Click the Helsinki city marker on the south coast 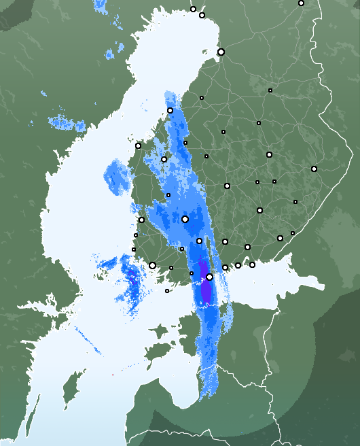tap(210, 277)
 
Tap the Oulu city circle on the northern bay tap(221, 52)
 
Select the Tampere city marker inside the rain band tap(185, 219)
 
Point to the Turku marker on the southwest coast tap(152, 265)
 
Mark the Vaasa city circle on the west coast tap(139, 145)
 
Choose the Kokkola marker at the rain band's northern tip tap(170, 110)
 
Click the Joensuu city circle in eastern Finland tap(314, 169)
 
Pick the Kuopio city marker tap(269, 154)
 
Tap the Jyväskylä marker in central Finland tap(227, 186)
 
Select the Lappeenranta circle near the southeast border tap(280, 238)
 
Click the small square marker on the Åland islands tap(167, 291)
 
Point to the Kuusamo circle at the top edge tap(301, 3)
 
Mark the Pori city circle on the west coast tap(141, 220)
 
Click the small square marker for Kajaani tap(270, 90)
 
